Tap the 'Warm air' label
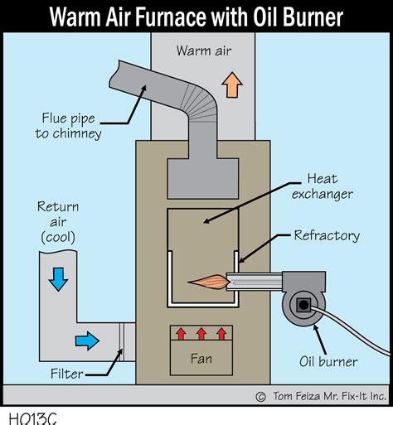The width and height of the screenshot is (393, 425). click(202, 51)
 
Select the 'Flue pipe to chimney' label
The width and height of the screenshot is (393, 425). click(71, 125)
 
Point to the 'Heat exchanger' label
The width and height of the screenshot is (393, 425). click(330, 186)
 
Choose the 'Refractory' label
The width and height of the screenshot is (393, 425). click(327, 235)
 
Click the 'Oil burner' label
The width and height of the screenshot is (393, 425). click(327, 361)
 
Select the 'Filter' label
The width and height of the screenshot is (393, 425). click(66, 374)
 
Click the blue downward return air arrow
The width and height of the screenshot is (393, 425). click(57, 280)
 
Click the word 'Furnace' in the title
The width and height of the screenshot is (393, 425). click(189, 16)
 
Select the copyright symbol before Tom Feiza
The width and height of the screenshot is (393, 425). click(260, 396)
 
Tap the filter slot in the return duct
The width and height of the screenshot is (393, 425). click(121, 340)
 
